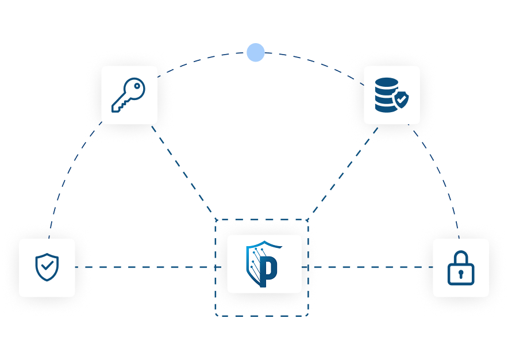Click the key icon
[x=129, y=95]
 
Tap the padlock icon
[x=461, y=268]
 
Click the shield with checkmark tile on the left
[x=47, y=267]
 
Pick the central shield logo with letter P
[x=264, y=264]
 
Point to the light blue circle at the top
[x=256, y=52]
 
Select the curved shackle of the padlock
[x=461, y=258]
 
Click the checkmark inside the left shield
[x=47, y=266]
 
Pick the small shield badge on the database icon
[x=402, y=101]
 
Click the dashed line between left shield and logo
[x=149, y=267]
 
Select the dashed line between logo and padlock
[x=368, y=267]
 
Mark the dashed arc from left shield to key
[x=69, y=173]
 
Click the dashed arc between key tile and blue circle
[x=207, y=58]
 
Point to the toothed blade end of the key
[x=117, y=107]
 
